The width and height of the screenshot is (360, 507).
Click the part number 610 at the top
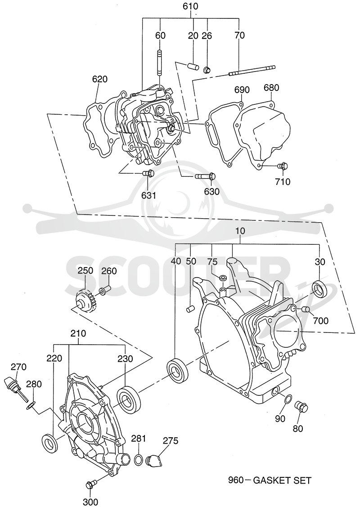(190, 6)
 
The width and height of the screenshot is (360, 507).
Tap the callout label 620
(99, 79)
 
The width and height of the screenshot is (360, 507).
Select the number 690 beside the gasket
(242, 89)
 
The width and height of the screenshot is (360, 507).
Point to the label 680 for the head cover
(271, 88)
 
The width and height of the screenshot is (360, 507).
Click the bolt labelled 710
(283, 166)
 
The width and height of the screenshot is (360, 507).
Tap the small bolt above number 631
(148, 174)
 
